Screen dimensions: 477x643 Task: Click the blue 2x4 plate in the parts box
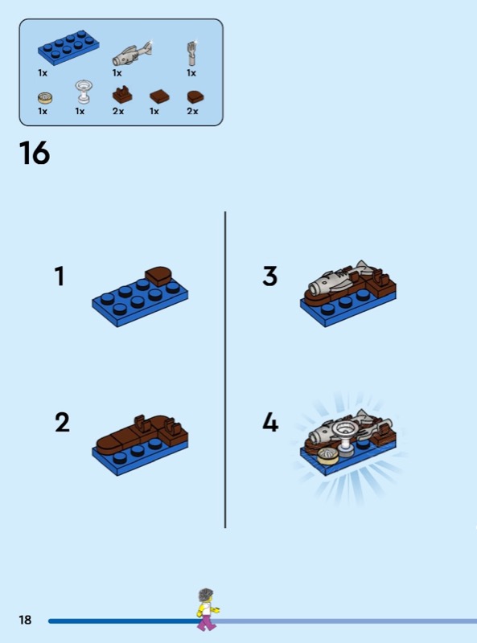click(x=68, y=48)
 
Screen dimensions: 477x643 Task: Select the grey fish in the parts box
click(x=132, y=54)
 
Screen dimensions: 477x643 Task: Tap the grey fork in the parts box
click(x=191, y=53)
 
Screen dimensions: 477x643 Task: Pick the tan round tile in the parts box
click(x=45, y=97)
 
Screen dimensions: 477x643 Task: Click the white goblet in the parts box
click(x=84, y=92)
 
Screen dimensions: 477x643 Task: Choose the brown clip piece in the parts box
click(x=122, y=95)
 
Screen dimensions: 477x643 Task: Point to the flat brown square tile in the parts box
click(x=159, y=96)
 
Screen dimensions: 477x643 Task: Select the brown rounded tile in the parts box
click(x=195, y=96)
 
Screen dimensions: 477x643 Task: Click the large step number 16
click(x=35, y=153)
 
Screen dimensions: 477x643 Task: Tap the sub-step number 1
click(x=60, y=276)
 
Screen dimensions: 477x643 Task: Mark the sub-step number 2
click(x=62, y=422)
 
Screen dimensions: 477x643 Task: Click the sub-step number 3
click(x=269, y=276)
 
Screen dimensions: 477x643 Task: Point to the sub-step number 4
click(x=270, y=422)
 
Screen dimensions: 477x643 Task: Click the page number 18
click(x=25, y=620)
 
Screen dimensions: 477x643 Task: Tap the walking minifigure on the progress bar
click(x=208, y=609)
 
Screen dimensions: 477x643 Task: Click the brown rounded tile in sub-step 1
click(x=158, y=276)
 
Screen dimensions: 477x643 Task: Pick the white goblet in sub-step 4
click(x=344, y=437)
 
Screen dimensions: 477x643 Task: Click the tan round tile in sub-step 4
click(x=328, y=456)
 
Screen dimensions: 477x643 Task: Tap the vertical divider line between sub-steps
click(x=225, y=370)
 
